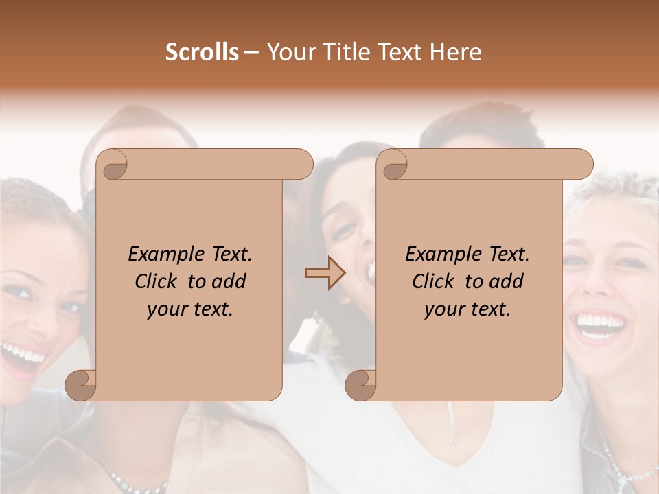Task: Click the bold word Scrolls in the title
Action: coord(202,52)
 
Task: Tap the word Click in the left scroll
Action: coord(158,281)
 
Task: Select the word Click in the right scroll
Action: coord(434,281)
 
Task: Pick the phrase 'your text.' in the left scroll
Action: coord(190,309)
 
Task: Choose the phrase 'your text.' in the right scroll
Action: coord(467,309)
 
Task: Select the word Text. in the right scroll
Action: coord(509,255)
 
